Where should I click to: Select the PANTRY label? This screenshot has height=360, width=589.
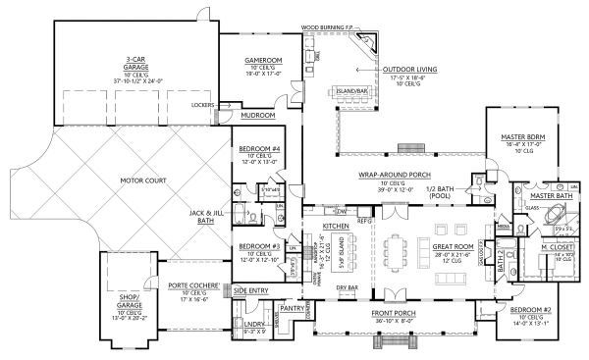(x=292, y=307)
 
